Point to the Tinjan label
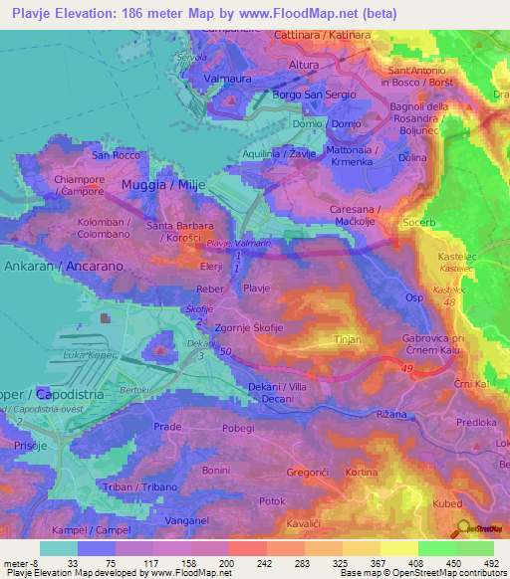pyautogui.click(x=346, y=339)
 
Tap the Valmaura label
pyautogui.click(x=227, y=77)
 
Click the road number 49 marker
pyautogui.click(x=407, y=370)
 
